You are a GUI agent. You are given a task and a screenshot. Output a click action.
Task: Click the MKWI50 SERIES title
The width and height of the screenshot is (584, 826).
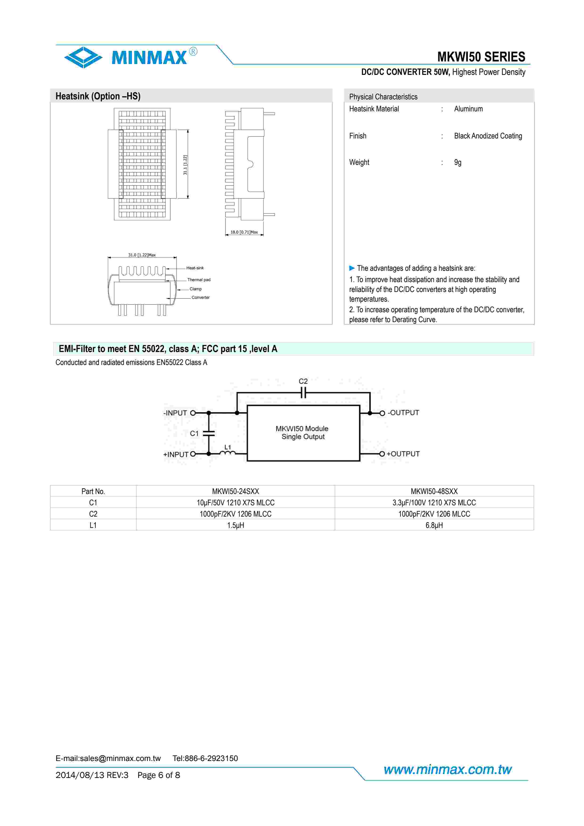pyautogui.click(x=481, y=57)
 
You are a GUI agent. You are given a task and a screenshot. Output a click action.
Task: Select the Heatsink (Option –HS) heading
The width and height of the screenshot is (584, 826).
pyautogui.click(x=98, y=96)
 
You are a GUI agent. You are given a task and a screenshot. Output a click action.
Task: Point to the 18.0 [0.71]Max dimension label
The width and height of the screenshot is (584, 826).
pyautogui.click(x=244, y=232)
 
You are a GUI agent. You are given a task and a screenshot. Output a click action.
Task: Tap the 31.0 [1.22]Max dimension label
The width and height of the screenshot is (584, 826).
pyautogui.click(x=142, y=255)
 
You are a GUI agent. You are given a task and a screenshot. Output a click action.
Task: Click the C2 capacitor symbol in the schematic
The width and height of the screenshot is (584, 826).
pyautogui.click(x=303, y=393)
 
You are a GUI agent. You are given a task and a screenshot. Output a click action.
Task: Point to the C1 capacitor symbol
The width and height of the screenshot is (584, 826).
pyautogui.click(x=209, y=433)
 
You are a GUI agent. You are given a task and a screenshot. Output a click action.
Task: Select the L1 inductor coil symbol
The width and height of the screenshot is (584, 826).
pyautogui.click(x=227, y=453)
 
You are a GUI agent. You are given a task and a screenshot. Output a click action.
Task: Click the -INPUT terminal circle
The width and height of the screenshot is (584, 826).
pyautogui.click(x=193, y=413)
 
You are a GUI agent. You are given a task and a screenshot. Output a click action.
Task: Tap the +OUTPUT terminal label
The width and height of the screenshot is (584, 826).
pyautogui.click(x=403, y=454)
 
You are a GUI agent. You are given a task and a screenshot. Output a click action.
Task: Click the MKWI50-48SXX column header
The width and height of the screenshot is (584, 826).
pyautogui.click(x=434, y=491)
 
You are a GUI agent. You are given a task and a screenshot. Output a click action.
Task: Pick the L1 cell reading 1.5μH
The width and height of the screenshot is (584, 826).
pyautogui.click(x=235, y=525)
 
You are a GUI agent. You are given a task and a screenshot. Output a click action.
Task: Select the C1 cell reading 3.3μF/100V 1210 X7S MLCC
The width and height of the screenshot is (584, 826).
pyautogui.click(x=434, y=502)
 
